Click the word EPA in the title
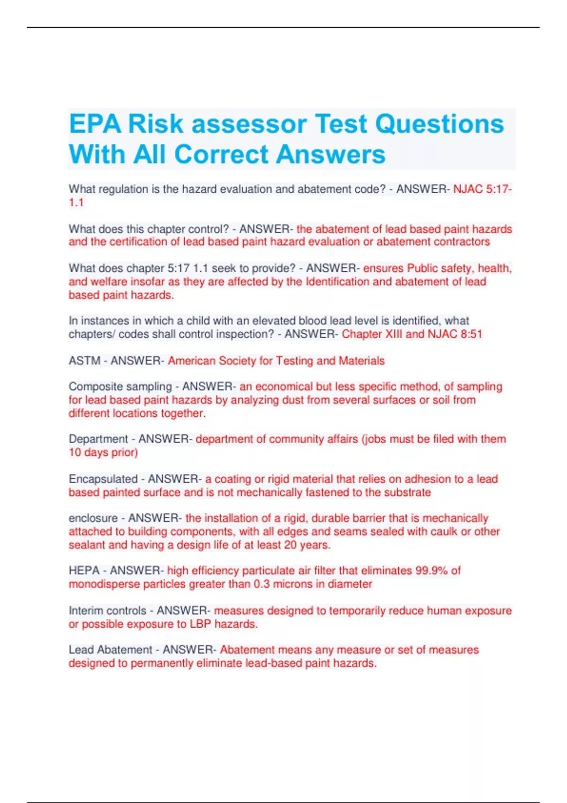tap(95, 124)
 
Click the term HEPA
tap(84, 571)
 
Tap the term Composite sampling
tap(120, 387)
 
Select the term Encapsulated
tap(103, 479)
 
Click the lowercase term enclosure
tap(93, 518)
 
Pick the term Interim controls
tap(107, 611)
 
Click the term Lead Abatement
tap(110, 650)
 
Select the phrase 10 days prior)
tap(103, 453)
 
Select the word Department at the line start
tap(98, 439)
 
